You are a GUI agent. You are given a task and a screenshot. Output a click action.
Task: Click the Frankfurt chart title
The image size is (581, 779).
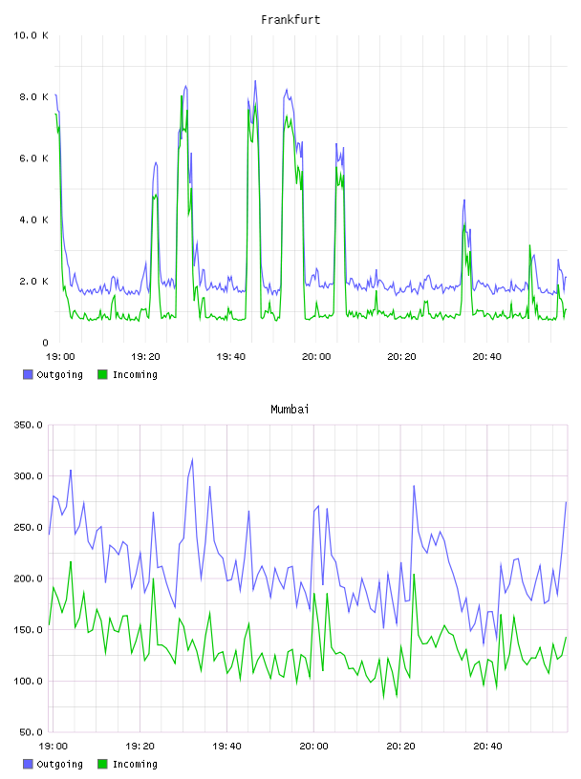[x=290, y=20]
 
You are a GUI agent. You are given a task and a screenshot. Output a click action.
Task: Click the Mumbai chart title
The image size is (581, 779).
[x=290, y=410]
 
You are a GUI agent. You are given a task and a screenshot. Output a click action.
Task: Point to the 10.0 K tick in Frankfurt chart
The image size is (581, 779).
[x=31, y=35]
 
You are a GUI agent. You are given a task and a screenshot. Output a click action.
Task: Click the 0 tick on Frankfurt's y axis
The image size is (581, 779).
[x=45, y=343]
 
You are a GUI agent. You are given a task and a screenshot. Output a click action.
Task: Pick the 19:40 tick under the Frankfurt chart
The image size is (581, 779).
[x=231, y=356]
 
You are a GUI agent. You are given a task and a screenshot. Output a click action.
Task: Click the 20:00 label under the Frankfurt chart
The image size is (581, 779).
[x=316, y=356]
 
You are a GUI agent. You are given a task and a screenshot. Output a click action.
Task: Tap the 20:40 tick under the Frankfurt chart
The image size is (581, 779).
[x=487, y=356]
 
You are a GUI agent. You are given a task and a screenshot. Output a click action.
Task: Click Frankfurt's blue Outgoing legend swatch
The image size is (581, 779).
[x=28, y=374]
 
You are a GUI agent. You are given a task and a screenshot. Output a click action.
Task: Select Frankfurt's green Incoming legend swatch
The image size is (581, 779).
[x=102, y=374]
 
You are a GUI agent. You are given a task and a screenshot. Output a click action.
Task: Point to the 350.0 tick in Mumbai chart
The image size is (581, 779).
[x=29, y=425]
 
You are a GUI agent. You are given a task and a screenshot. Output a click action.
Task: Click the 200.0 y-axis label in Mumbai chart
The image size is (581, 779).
[x=29, y=579]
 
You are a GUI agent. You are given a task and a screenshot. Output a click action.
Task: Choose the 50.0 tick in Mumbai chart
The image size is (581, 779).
[x=31, y=732]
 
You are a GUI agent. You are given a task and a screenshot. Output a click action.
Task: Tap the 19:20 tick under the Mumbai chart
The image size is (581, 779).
[x=140, y=746]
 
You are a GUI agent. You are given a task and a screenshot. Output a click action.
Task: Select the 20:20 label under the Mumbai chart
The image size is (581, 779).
[x=400, y=746]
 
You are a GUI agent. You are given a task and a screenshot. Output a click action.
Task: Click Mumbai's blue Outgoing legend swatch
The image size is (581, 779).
[x=28, y=764]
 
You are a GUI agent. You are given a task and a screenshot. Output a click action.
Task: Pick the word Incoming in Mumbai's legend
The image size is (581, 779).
[x=135, y=764]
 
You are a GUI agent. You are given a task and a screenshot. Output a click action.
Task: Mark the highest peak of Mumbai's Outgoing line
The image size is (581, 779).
[x=192, y=459]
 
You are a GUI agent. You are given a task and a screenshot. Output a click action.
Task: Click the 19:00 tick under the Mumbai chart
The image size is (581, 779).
[x=54, y=746]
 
